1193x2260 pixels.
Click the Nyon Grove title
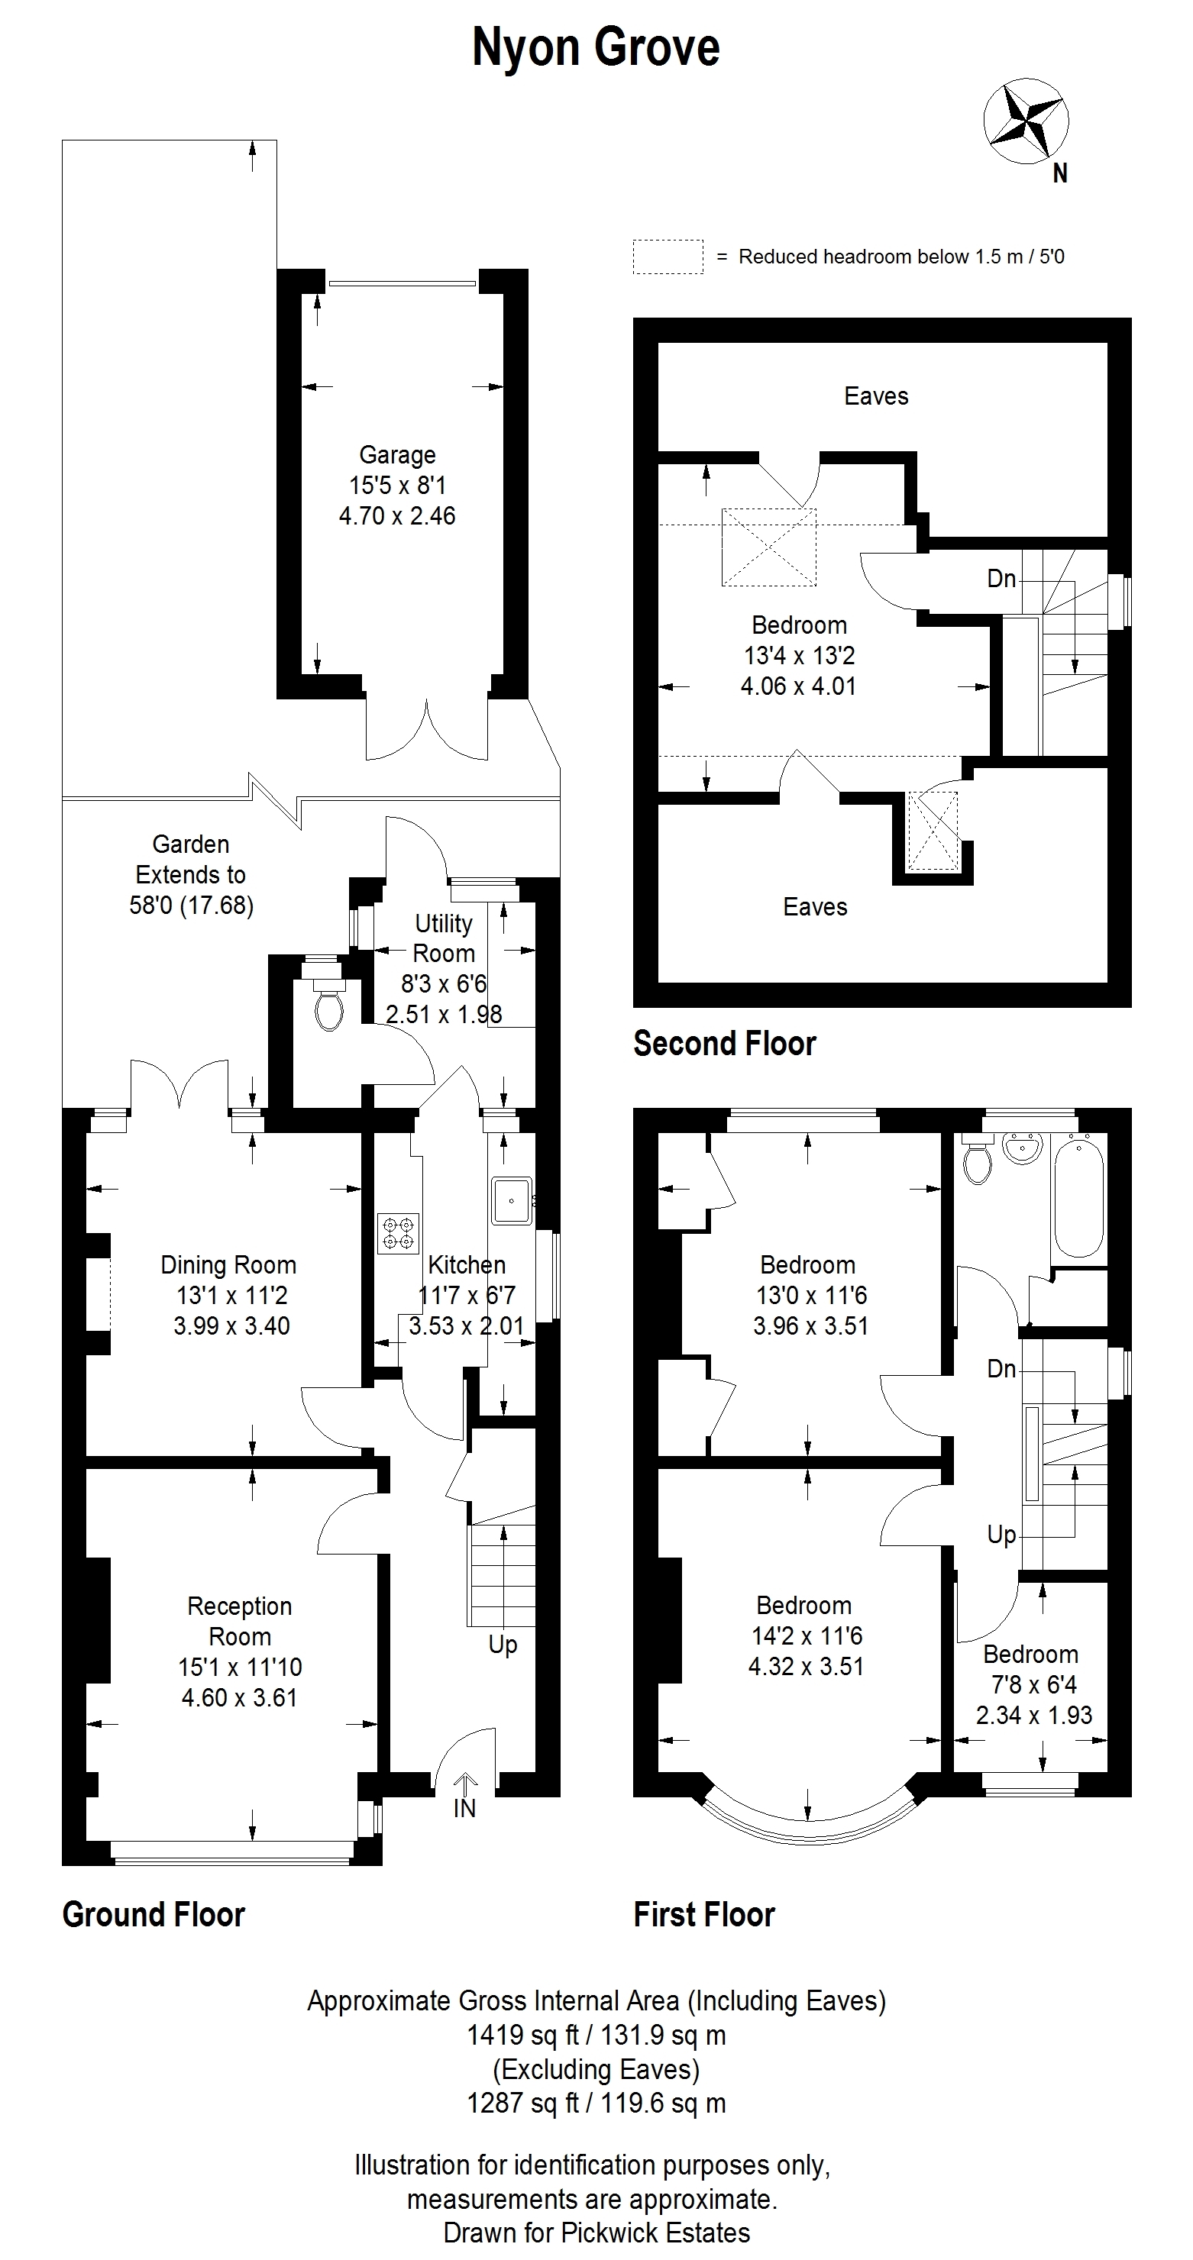click(596, 47)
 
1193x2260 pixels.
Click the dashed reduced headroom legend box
click(668, 257)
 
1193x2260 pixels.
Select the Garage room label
click(398, 455)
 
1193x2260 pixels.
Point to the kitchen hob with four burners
click(399, 1234)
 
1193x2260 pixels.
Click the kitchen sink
click(511, 1201)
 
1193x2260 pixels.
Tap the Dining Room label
click(228, 1265)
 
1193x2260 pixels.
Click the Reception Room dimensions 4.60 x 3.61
click(240, 1697)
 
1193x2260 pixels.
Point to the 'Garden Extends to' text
click(190, 859)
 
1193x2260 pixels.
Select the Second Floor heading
click(725, 1043)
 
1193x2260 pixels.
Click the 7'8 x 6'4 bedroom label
click(1034, 1684)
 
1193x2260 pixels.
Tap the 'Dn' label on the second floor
click(1001, 579)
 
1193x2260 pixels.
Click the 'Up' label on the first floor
click(1001, 1535)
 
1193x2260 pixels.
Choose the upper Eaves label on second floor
click(876, 396)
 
